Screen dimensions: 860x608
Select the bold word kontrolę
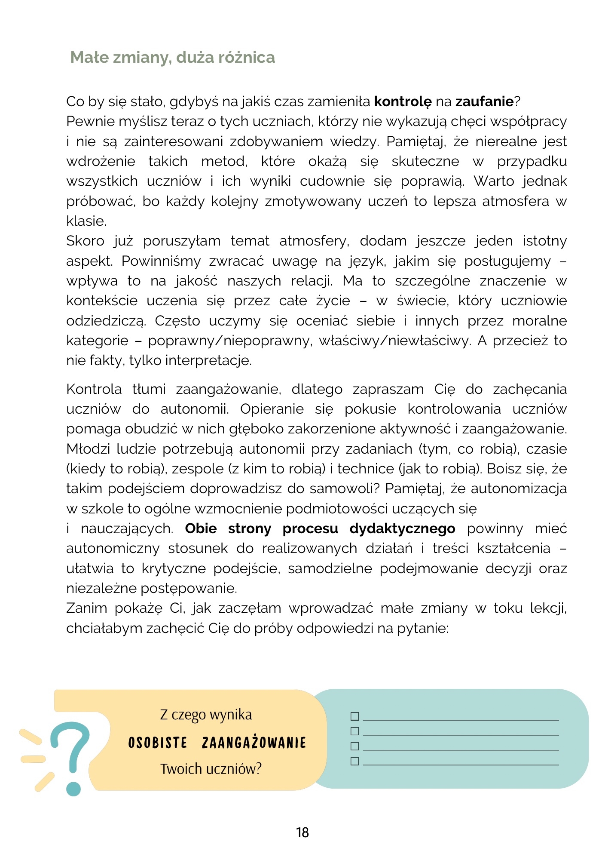(x=403, y=102)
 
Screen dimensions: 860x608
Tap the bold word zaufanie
(x=484, y=102)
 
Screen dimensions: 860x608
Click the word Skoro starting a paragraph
(x=85, y=241)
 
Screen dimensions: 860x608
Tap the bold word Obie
(x=201, y=528)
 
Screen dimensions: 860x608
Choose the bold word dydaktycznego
(x=402, y=528)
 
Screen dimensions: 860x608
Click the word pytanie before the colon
(x=422, y=629)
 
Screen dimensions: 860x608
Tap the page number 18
(x=302, y=832)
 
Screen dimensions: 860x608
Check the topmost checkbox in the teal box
(x=354, y=716)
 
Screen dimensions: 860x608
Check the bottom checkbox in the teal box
(x=354, y=761)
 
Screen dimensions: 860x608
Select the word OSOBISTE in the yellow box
(x=158, y=743)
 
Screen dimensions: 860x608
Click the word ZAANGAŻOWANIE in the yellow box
(x=254, y=743)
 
